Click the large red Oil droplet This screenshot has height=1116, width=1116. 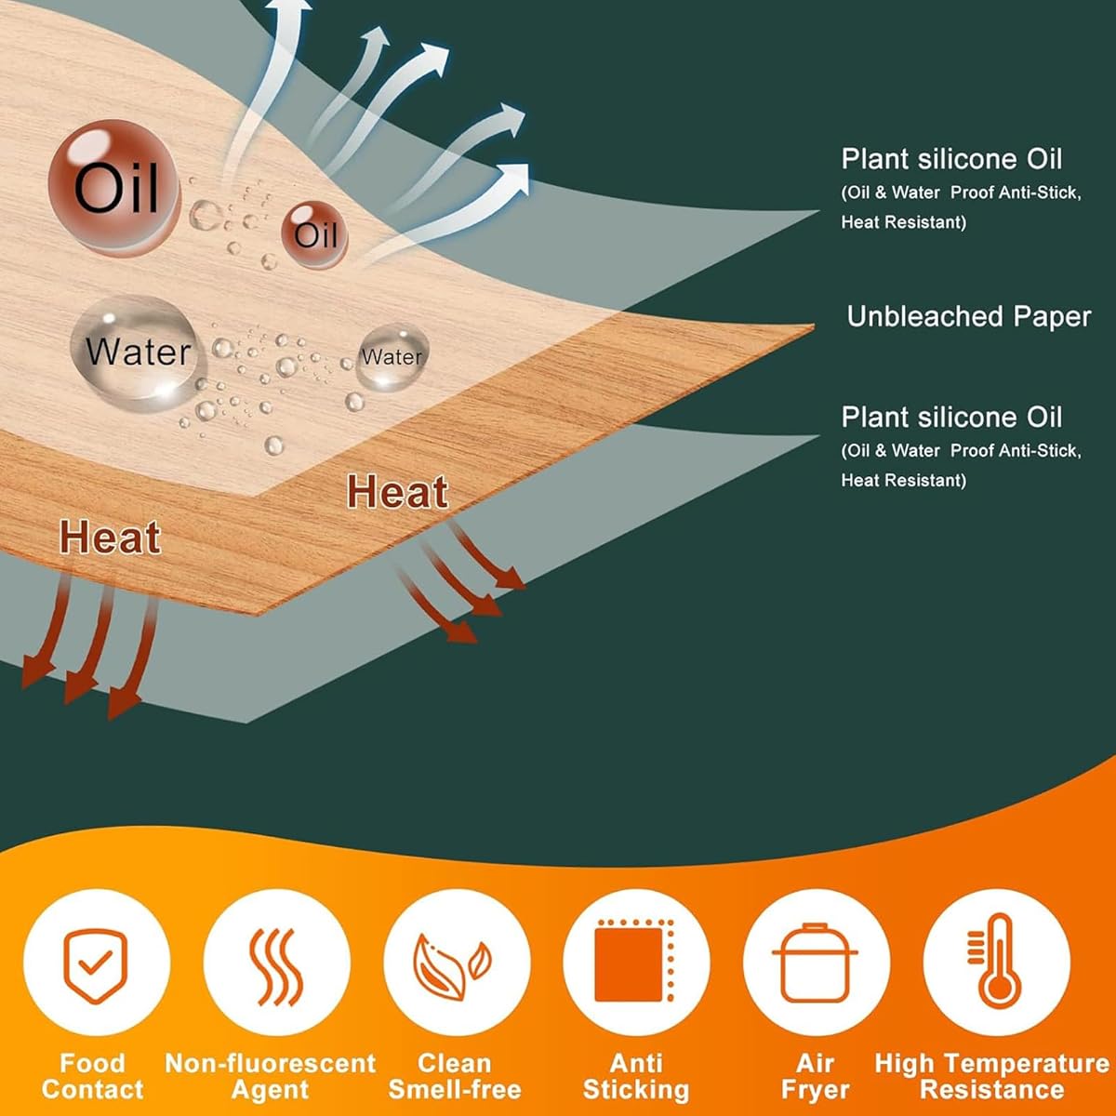114,187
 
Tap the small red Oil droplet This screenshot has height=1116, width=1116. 314,234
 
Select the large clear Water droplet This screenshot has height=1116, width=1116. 138,352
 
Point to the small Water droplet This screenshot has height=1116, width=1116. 392,357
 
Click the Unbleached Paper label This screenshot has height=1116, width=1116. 968,317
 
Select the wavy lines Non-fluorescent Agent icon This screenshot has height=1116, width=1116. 276,966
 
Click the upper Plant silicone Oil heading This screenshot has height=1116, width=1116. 951,159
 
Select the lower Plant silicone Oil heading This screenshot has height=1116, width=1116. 951,417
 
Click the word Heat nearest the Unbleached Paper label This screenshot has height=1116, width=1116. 397,492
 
